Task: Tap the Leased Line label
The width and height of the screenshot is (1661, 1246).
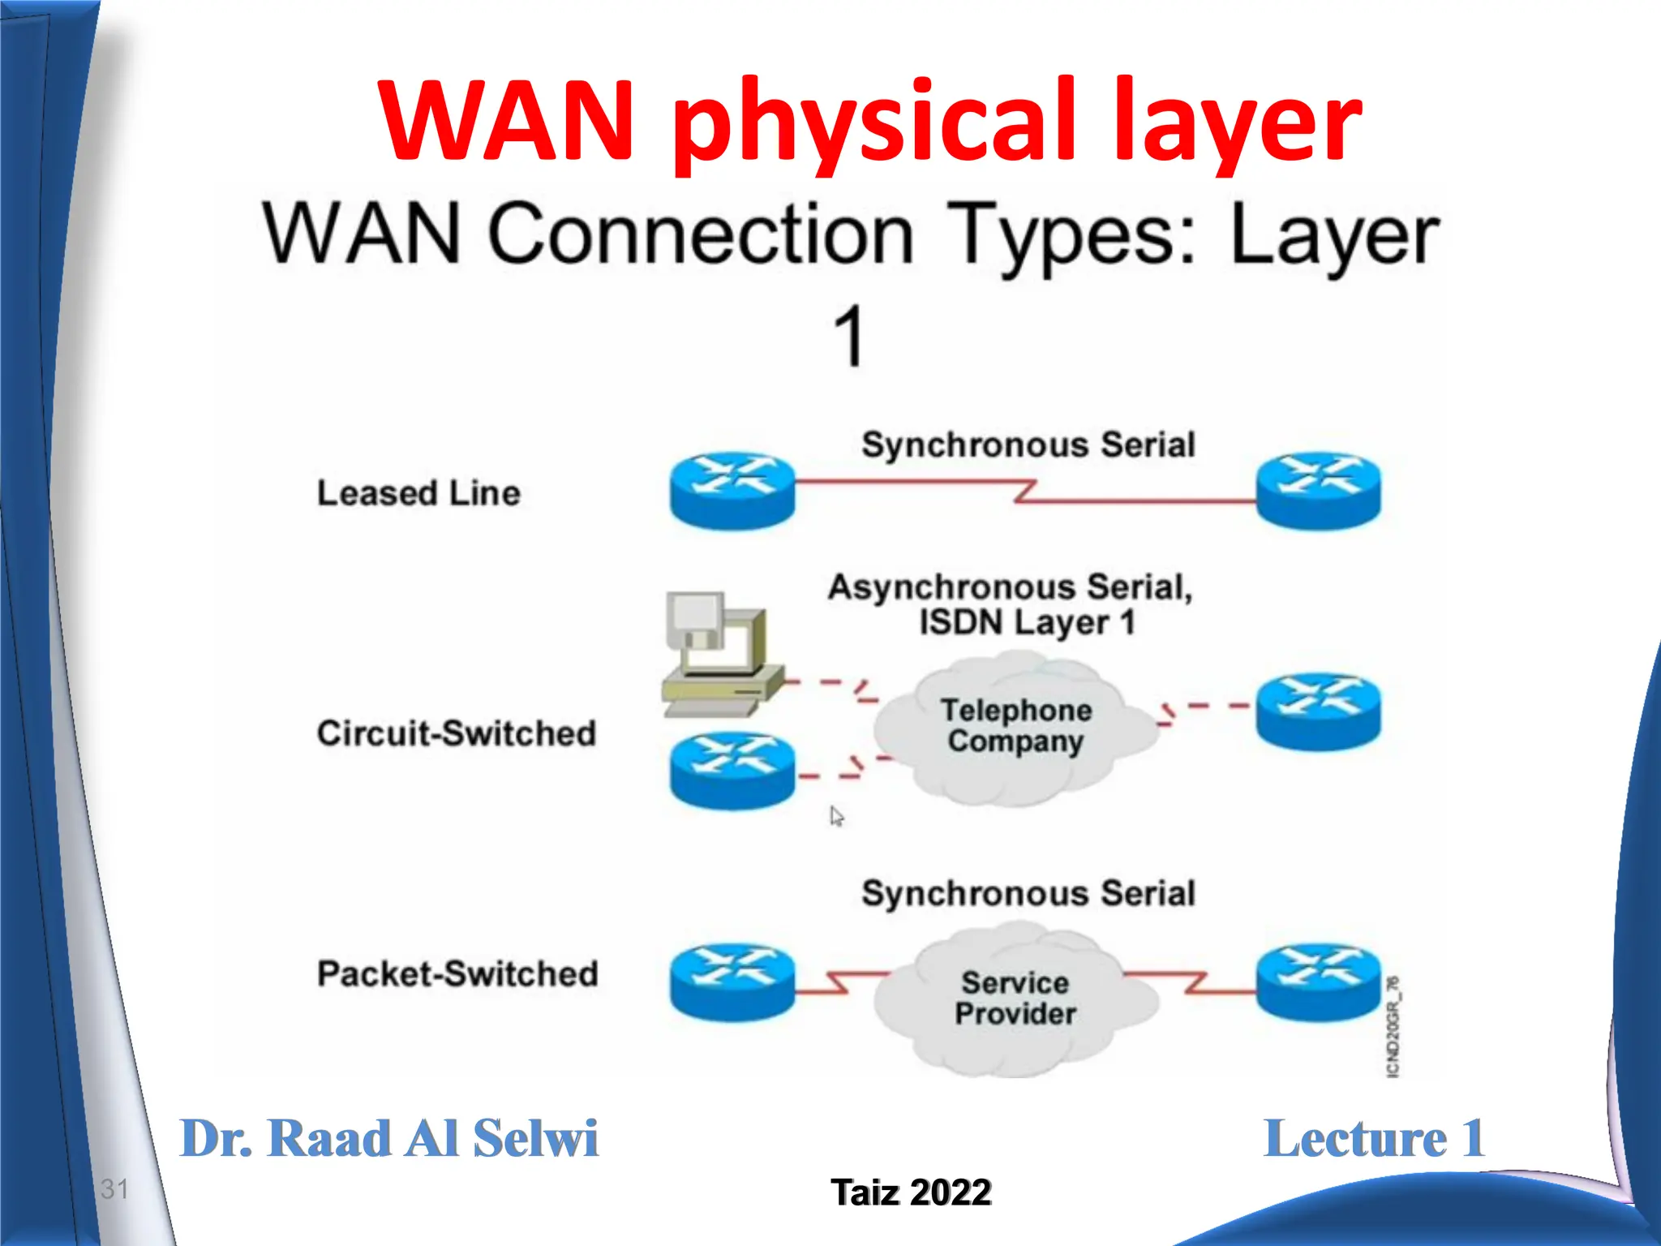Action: [418, 493]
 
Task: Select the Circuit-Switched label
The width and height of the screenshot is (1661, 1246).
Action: [457, 733]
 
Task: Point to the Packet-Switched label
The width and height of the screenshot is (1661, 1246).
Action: [457, 973]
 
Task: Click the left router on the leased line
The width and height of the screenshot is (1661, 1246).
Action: [732, 489]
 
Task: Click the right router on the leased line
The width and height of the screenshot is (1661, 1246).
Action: [1318, 489]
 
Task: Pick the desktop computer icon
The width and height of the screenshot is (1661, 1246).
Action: [719, 653]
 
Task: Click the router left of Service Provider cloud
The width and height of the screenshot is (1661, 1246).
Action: [732, 982]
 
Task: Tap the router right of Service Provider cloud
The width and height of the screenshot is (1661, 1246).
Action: [1318, 982]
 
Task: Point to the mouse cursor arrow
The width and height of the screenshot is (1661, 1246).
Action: [836, 816]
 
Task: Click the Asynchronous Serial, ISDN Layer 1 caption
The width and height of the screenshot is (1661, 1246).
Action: [1011, 604]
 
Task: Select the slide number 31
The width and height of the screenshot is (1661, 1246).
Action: [114, 1189]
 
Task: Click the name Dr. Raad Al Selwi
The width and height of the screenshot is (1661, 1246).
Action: [388, 1138]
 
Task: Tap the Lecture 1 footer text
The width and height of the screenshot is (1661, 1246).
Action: [1374, 1138]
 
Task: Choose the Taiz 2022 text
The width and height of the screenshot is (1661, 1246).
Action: [911, 1192]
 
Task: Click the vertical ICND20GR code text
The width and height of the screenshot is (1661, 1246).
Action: [1393, 1028]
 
